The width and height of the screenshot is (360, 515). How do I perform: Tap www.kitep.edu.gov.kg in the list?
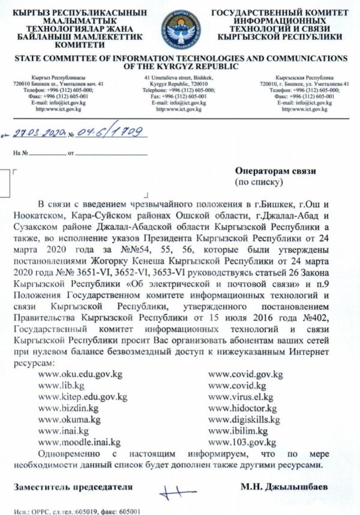coord(82,397)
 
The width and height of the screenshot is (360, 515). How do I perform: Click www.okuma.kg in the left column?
coord(69,420)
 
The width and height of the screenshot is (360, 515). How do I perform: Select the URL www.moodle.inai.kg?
coord(79,442)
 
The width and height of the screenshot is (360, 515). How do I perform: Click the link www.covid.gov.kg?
coord(245,374)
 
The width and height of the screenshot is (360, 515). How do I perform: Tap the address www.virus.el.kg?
coord(240,397)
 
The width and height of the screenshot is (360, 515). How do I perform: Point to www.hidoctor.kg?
coord(242,408)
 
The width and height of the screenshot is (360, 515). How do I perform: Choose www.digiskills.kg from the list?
coord(244,420)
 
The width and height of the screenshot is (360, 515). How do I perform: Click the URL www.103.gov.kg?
coord(241,442)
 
